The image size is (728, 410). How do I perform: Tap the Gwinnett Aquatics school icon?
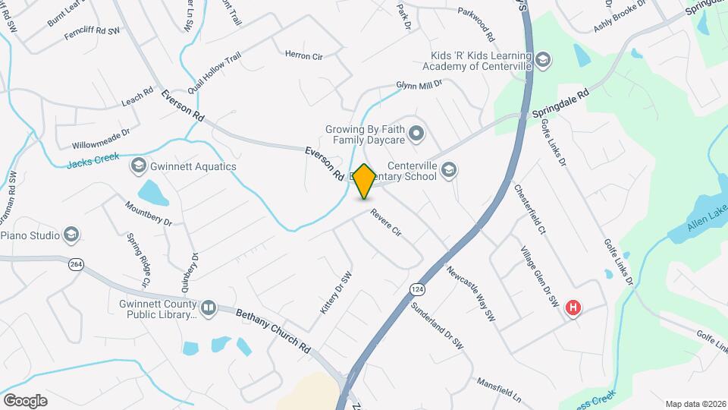pos(138,166)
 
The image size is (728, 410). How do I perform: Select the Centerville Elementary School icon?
pos(449,169)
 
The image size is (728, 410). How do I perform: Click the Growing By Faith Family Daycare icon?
pos(416,135)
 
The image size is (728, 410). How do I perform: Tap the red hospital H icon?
pos(574,307)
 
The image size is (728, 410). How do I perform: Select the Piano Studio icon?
pos(71,235)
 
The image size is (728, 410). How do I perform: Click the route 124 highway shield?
pos(416,290)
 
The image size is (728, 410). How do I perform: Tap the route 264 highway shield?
pos(76,264)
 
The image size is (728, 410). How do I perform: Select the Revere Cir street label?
pos(385,226)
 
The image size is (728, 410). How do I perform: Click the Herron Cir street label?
pos(304,55)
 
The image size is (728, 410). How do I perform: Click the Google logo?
pos(25,400)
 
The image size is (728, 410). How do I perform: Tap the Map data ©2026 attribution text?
pos(695,404)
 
